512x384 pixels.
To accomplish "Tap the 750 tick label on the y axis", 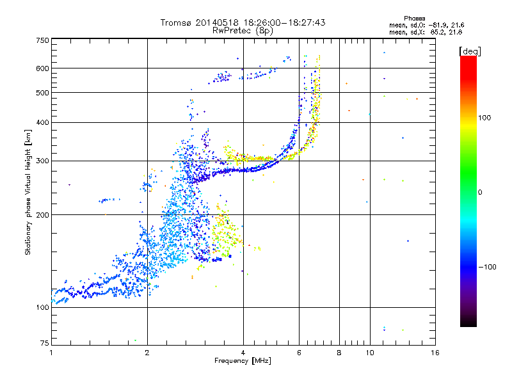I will point(42,40).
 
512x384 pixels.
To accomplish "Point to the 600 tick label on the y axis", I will point(42,68).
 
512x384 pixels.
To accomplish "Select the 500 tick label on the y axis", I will point(42,93).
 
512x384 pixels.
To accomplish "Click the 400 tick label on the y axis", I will point(42,122).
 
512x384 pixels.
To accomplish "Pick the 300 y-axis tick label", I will point(42,161).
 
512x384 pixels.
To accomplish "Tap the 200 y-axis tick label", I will point(42,215).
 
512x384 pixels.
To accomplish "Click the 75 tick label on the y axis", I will point(44,342).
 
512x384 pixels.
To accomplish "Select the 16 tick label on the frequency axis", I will point(435,353).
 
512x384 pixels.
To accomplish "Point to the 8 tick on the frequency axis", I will point(339,353).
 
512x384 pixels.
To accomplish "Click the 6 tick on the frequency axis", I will point(299,353).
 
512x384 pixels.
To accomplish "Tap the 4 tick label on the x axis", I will point(243,353).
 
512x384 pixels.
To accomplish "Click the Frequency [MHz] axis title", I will point(243,361).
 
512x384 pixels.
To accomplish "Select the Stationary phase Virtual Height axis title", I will point(28,193).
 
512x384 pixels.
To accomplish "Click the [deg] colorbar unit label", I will point(470,51).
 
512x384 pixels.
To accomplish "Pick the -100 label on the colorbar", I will point(489,267).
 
